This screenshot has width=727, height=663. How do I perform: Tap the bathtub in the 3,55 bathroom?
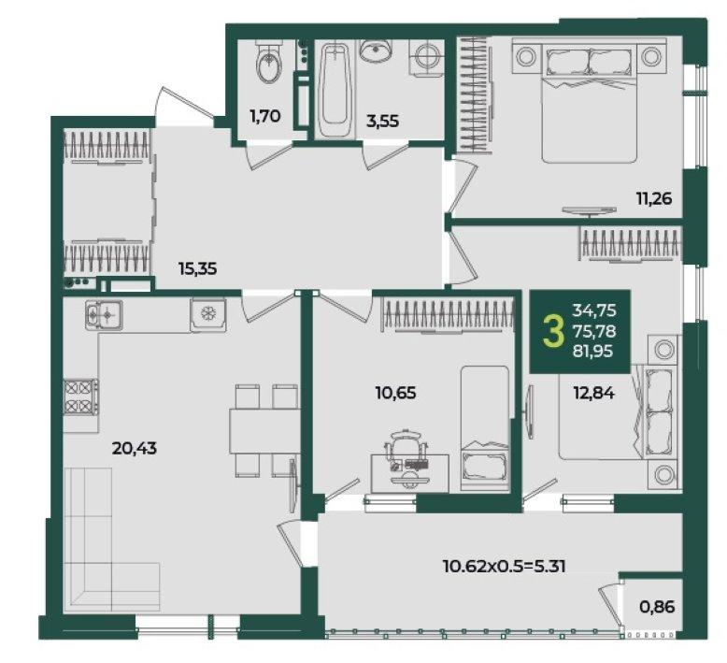point(335,91)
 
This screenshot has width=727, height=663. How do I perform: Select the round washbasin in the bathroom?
point(376,50)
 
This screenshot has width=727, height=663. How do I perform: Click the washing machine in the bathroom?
point(426,58)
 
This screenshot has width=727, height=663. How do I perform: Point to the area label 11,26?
point(654,199)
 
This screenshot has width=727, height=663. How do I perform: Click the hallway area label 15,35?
point(198,268)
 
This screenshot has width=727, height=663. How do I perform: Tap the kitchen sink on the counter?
point(104,315)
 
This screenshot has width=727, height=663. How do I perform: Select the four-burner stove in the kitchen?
point(81,396)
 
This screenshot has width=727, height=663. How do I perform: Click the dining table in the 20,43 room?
point(264,431)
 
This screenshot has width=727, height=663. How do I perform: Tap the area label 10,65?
point(395,394)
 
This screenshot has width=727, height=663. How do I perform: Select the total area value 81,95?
point(593,352)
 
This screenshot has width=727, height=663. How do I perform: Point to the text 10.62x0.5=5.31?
point(505,567)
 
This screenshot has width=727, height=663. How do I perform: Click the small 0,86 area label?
point(657,606)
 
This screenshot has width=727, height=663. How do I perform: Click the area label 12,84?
point(594,394)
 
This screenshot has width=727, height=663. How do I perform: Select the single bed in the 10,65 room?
point(485,428)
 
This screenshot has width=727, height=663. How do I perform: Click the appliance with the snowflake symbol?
point(207,314)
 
